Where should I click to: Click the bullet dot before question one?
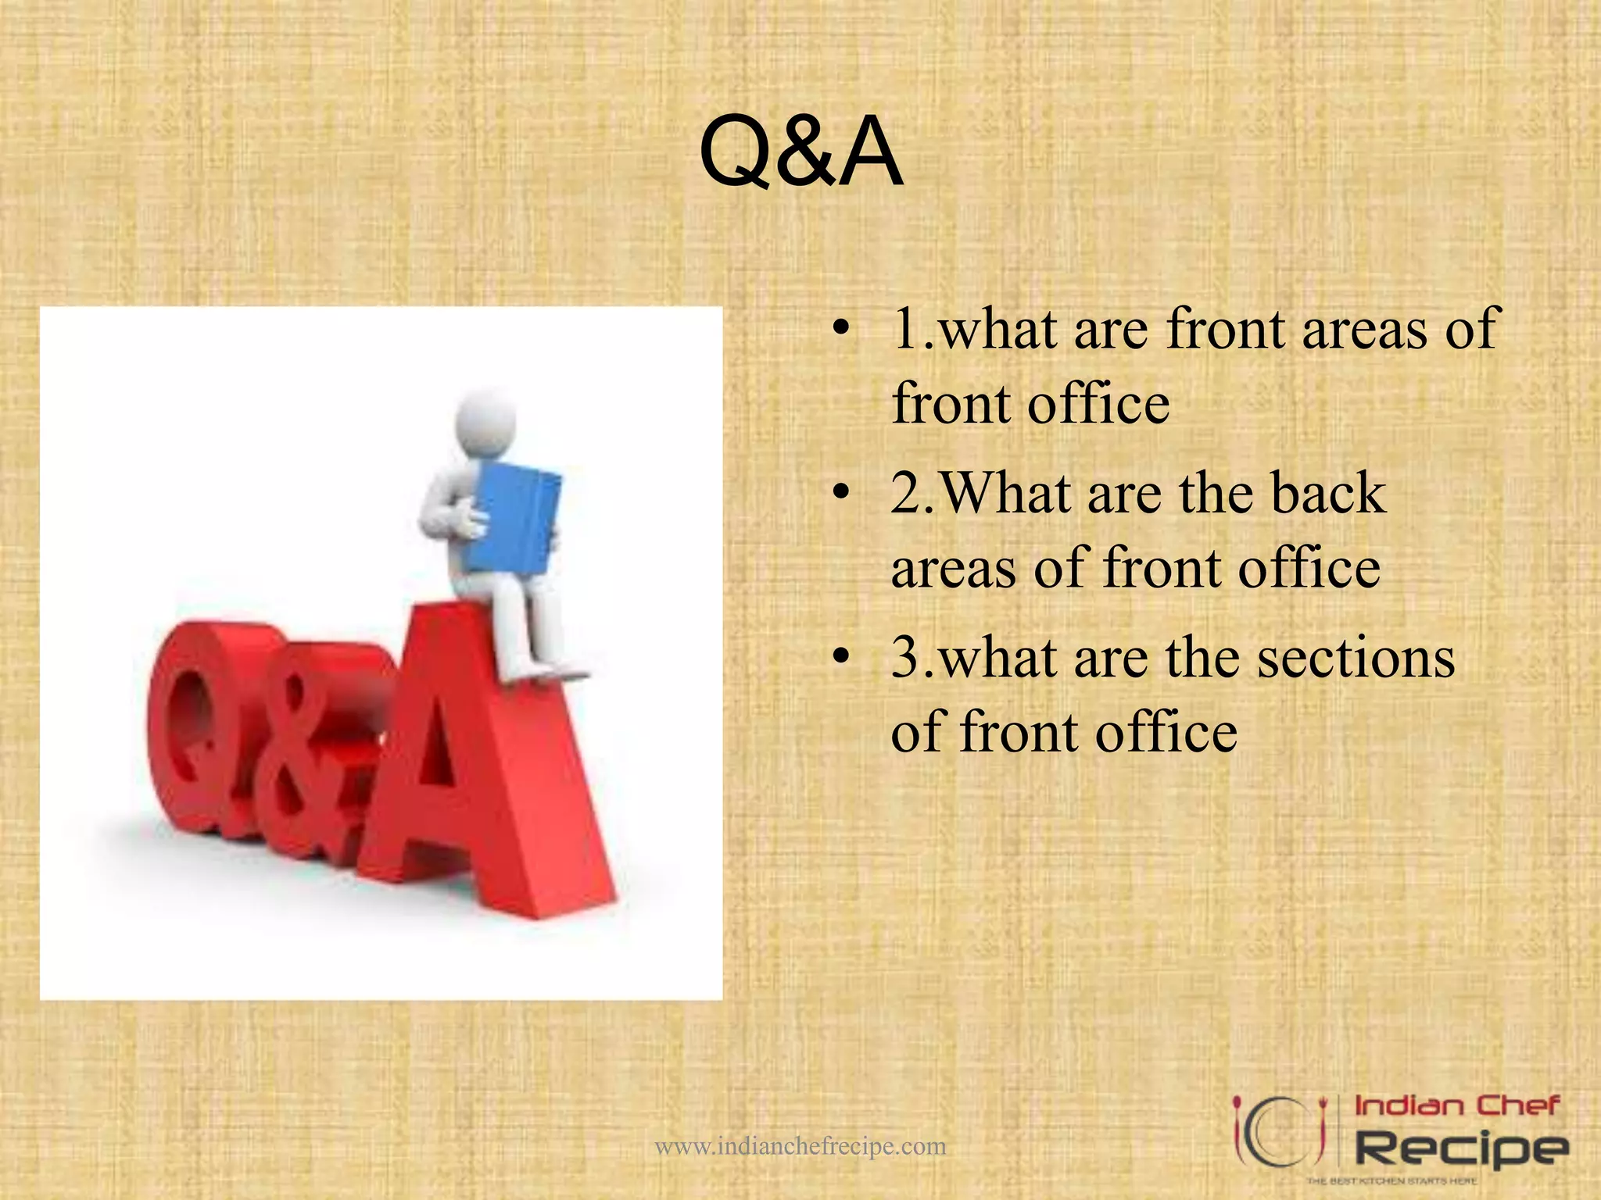[840, 328]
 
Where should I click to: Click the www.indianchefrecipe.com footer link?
[800, 1147]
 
